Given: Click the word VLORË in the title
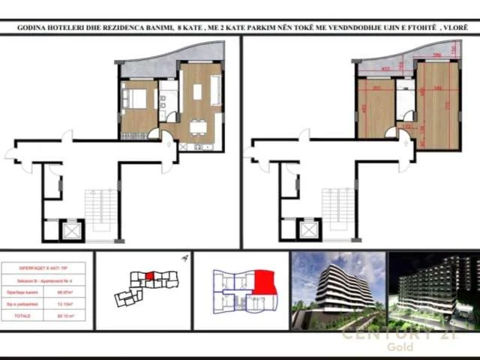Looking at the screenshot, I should coord(455,28).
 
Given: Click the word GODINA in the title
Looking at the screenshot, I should coord(34,28).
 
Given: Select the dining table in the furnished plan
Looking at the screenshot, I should coord(197,127).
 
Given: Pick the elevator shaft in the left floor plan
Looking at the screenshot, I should coord(72,230).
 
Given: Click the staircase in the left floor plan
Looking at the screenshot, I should coord(100,210).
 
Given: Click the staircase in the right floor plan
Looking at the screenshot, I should coord(337,210).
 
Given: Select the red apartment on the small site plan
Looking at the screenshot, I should coord(149,276).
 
